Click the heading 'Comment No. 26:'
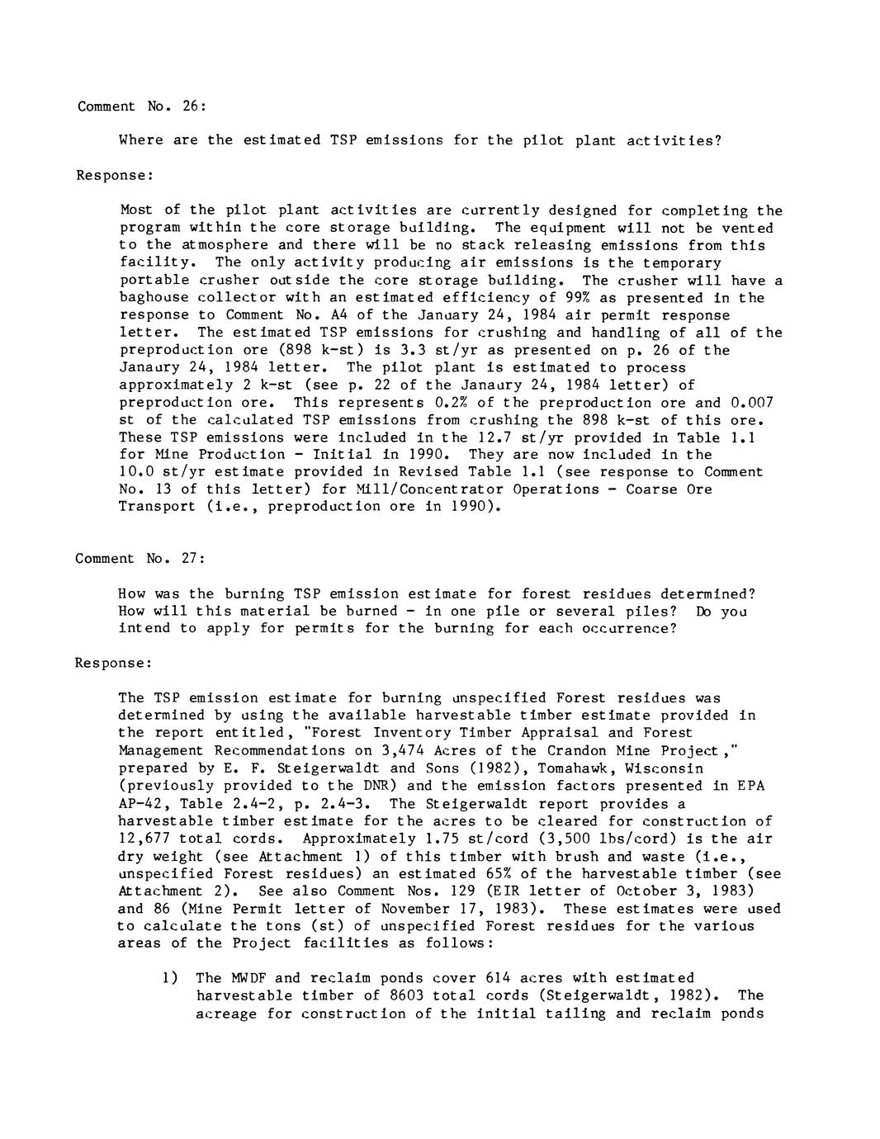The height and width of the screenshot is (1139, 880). (x=141, y=106)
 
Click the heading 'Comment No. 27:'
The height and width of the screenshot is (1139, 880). (x=140, y=558)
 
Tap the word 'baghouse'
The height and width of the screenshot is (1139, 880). (x=151, y=298)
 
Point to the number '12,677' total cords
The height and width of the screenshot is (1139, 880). (x=144, y=838)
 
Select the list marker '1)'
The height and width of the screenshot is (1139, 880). (x=170, y=978)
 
